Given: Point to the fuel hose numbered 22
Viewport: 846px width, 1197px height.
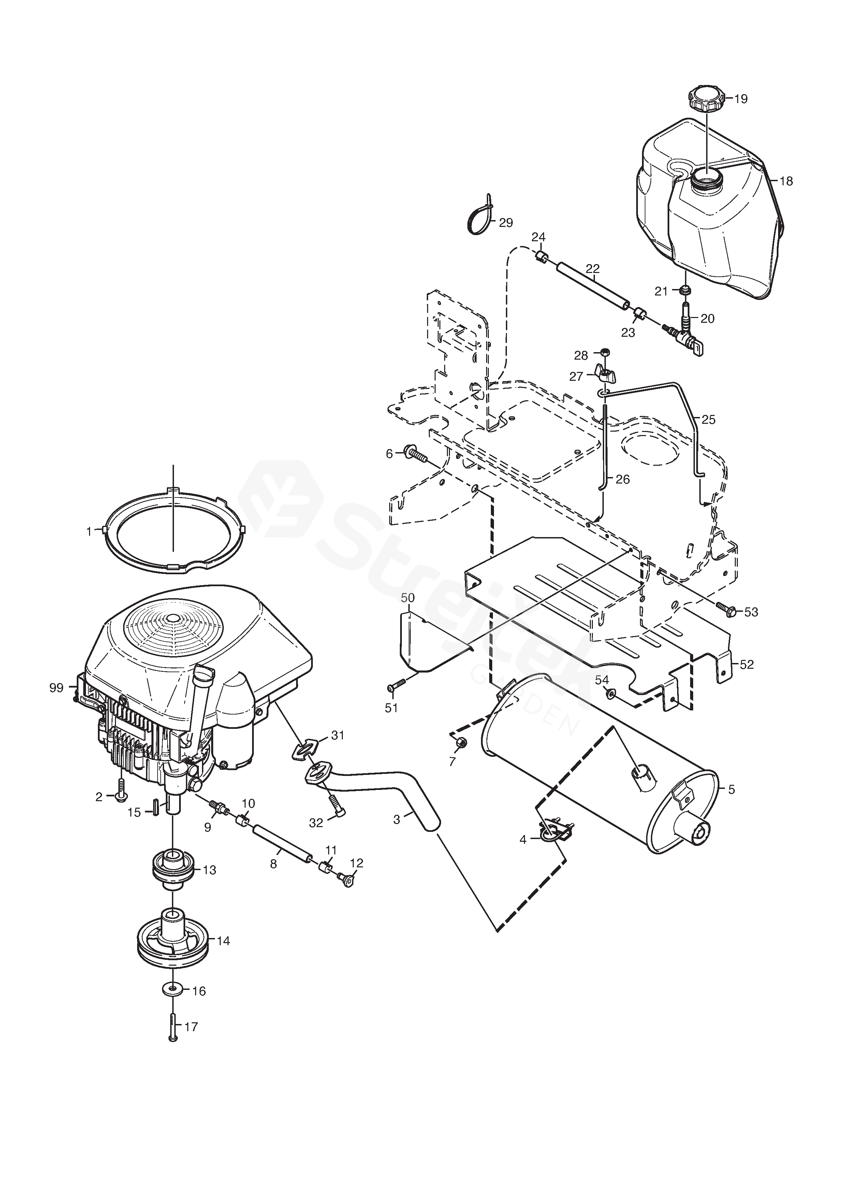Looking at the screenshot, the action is (593, 287).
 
